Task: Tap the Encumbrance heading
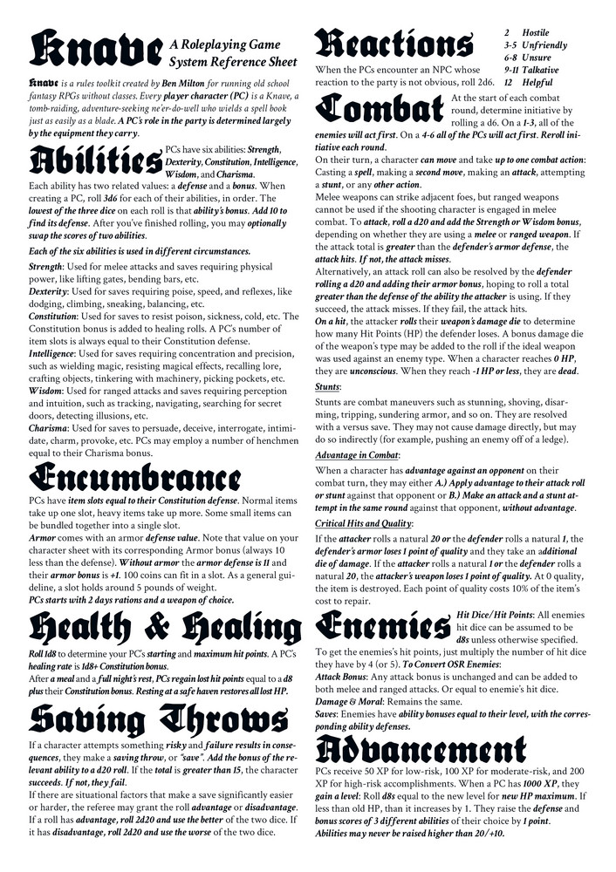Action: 134,479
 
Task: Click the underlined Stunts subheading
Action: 329,410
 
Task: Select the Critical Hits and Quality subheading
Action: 366,522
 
